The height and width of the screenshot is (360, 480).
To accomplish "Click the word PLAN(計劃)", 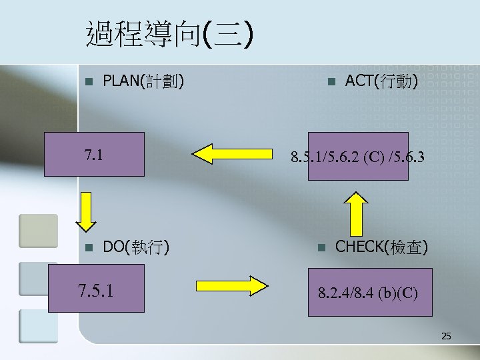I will click(x=143, y=82).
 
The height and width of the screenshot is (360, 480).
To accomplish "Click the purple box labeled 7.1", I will click(x=94, y=154).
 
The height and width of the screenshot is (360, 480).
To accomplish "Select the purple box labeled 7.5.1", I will click(x=96, y=289).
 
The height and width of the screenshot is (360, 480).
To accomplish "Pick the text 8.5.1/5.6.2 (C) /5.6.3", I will click(x=357, y=158).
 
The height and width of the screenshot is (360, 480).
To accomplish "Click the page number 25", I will click(x=446, y=337).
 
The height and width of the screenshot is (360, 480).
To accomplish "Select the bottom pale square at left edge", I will click(x=38, y=326).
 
